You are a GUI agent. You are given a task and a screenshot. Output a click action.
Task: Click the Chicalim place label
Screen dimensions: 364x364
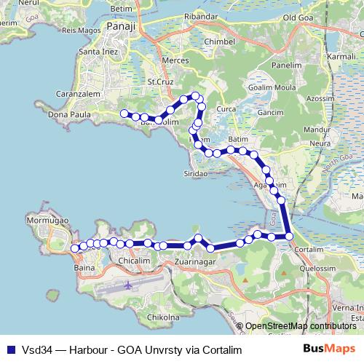133,259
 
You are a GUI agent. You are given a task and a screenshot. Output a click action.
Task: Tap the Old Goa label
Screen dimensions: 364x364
298,17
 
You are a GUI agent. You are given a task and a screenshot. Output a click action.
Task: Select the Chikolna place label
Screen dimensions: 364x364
163,317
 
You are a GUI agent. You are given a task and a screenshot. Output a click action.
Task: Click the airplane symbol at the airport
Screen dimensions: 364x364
129,285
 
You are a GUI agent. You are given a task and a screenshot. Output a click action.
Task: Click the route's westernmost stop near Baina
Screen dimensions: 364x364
74,249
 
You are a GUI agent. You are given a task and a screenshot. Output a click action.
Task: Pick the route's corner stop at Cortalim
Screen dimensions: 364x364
289,236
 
